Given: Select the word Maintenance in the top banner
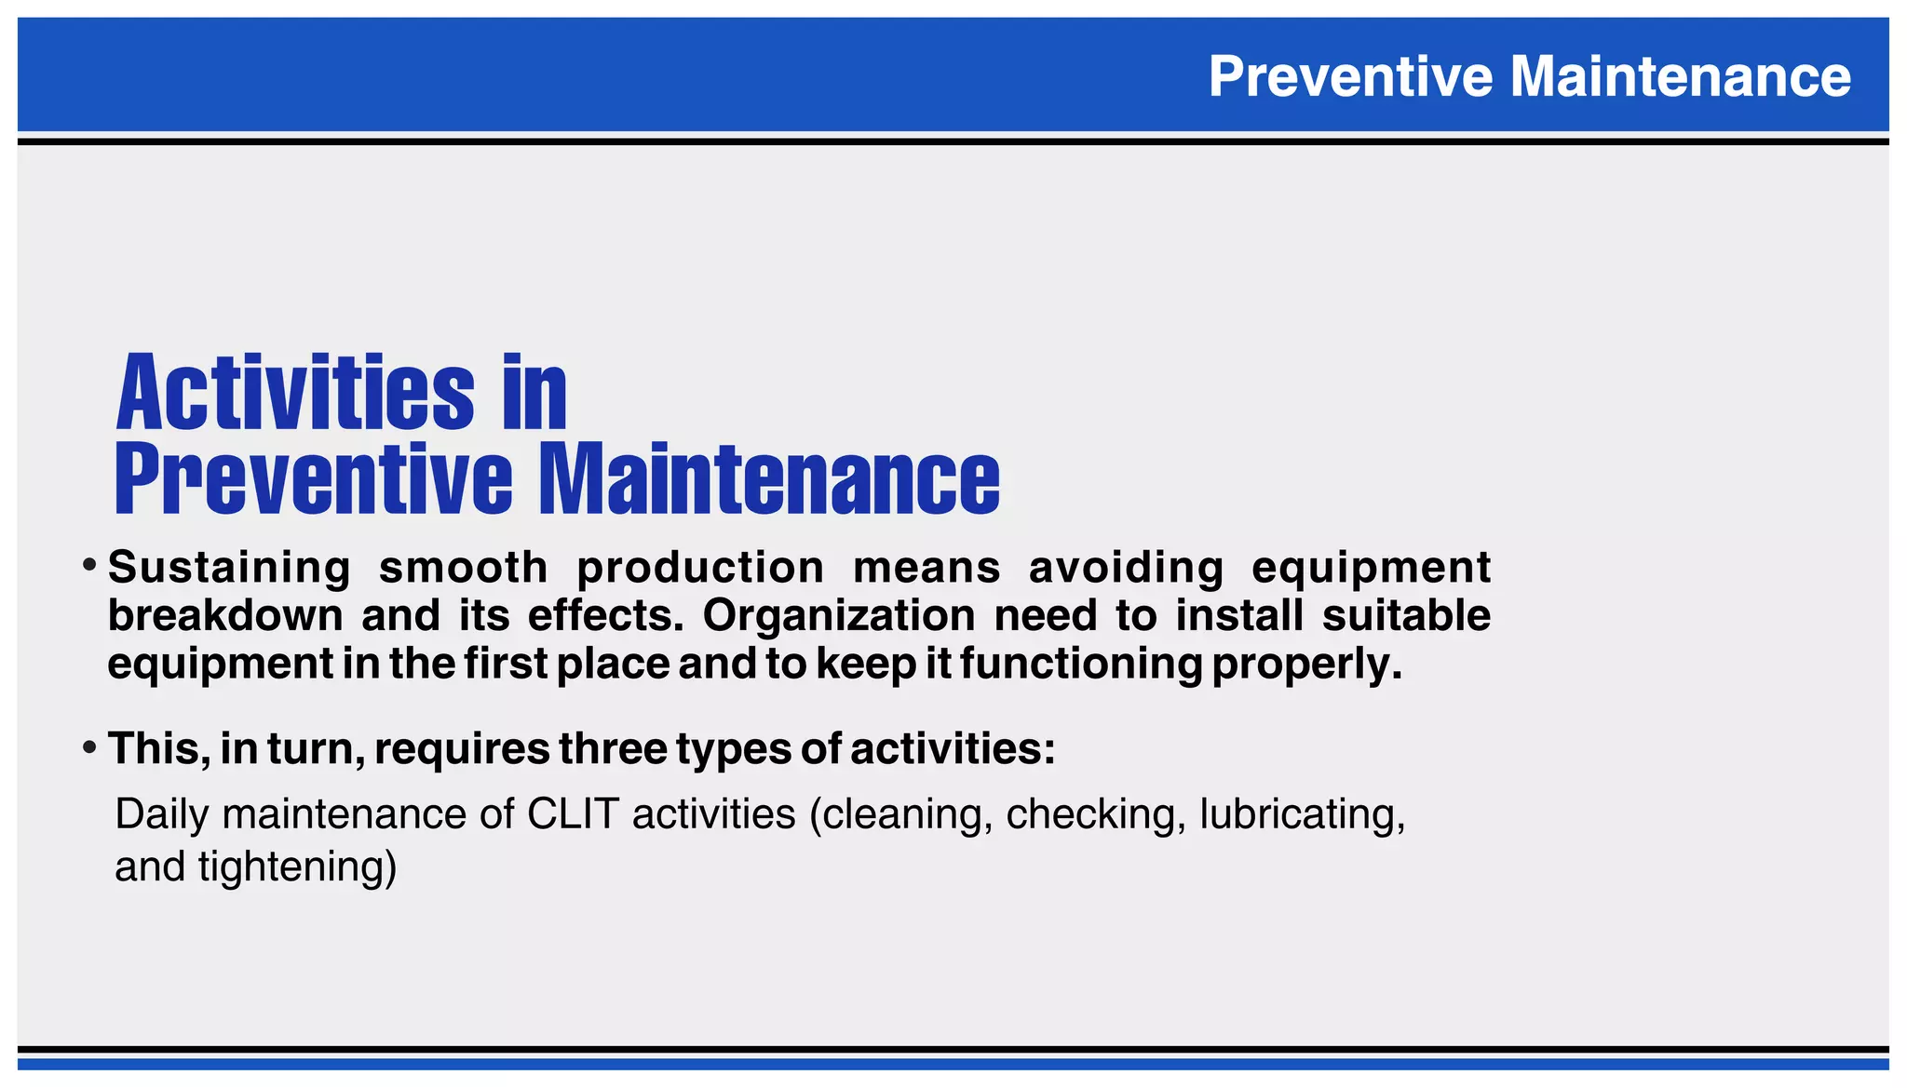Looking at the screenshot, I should [x=1681, y=76].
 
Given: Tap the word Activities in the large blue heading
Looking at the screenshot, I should [x=295, y=393].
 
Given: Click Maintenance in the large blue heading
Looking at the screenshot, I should [x=770, y=479].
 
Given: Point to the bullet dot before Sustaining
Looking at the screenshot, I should [x=89, y=565].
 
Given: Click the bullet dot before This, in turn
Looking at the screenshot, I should [x=89, y=746].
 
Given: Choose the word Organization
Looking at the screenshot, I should [x=839, y=616].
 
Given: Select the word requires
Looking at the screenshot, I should [x=462, y=749].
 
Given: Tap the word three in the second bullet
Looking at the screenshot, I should [x=613, y=749].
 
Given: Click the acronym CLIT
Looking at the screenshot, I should [x=573, y=814].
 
